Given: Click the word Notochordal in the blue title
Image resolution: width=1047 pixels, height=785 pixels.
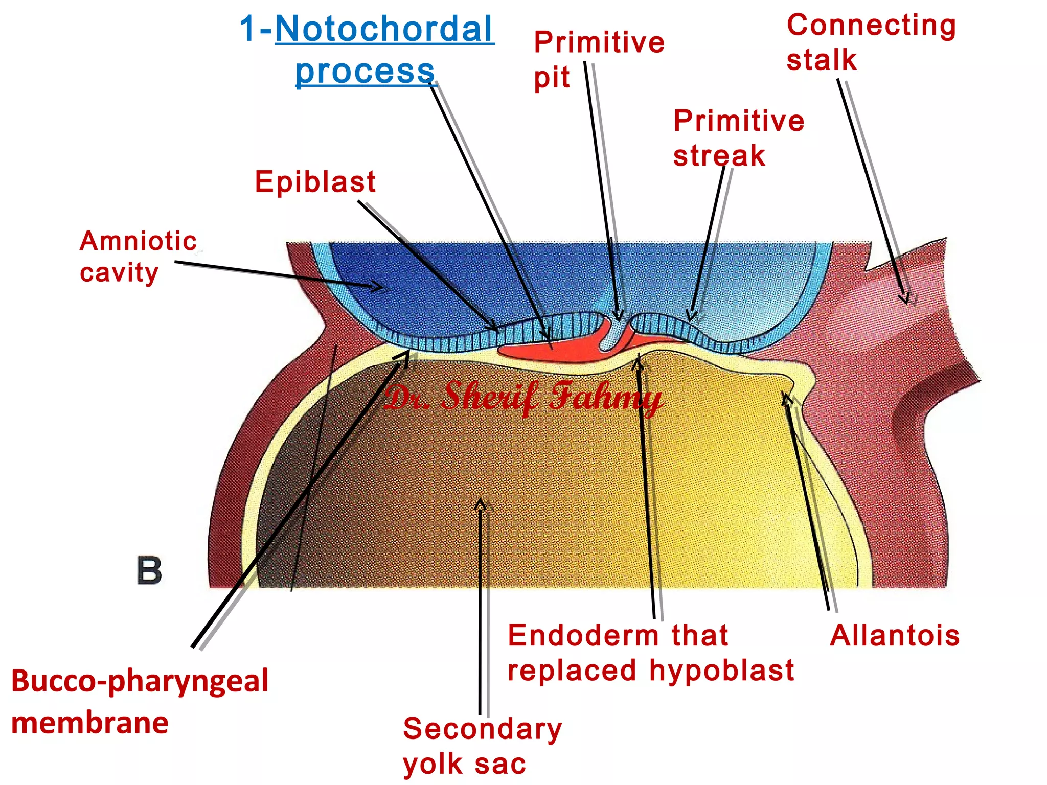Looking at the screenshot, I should (384, 30).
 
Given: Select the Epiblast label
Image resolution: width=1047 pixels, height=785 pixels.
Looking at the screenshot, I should (315, 182).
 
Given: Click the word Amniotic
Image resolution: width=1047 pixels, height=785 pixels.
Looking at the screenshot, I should (138, 241).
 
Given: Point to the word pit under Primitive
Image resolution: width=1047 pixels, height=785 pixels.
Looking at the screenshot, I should (552, 78).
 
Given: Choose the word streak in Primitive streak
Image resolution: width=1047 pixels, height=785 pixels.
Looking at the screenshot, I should (719, 156).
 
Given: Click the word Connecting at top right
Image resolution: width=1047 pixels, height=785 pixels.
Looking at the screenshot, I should (871, 26).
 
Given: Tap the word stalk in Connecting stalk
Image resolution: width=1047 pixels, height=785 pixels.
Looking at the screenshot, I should (821, 60).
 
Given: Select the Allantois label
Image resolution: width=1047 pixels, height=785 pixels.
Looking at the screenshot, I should (895, 636).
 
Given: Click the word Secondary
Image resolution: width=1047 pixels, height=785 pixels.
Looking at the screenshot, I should (482, 729).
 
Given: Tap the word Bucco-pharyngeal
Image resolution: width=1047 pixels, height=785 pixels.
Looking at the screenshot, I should (140, 681).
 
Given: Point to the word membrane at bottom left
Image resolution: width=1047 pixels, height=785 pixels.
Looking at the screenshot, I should (90, 723).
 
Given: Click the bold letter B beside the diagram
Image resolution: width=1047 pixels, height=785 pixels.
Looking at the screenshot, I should (149, 570).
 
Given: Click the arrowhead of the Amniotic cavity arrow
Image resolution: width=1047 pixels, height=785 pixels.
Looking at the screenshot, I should (378, 288).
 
